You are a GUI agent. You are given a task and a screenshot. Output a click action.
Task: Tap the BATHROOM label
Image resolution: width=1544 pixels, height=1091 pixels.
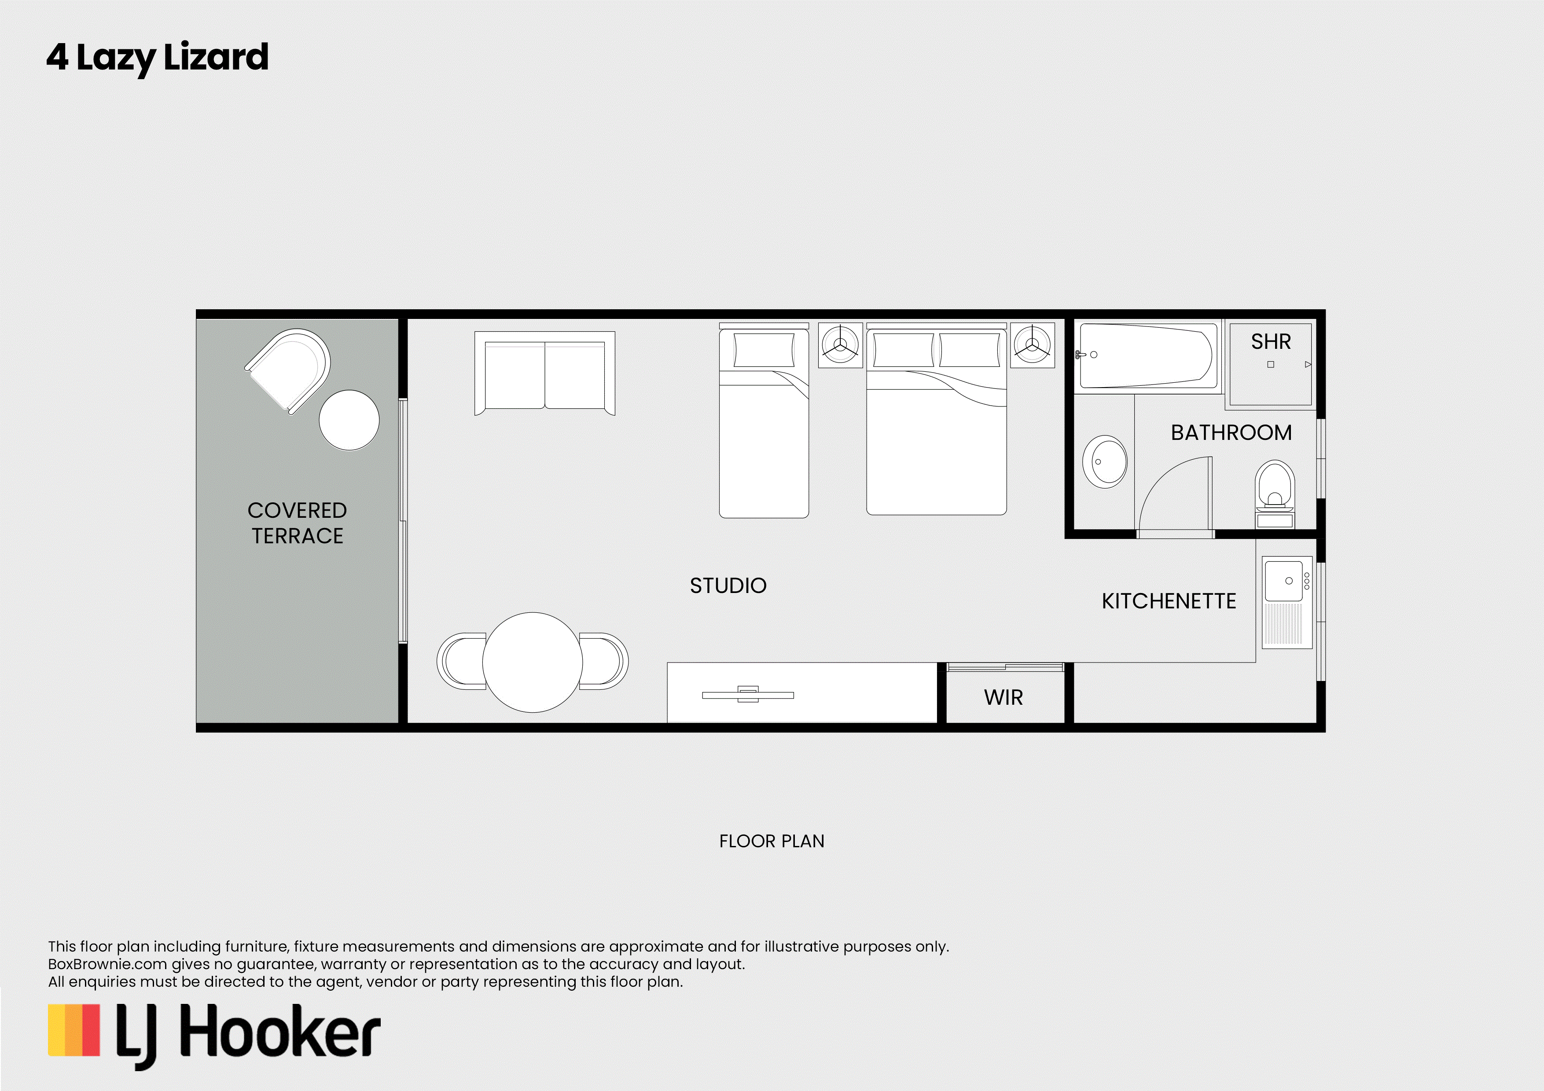pyautogui.click(x=1232, y=432)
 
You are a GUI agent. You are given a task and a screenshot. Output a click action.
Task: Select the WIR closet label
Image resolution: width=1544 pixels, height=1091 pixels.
pyautogui.click(x=1004, y=697)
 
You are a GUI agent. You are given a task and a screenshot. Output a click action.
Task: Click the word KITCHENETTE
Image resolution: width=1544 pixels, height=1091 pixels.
pyautogui.click(x=1169, y=601)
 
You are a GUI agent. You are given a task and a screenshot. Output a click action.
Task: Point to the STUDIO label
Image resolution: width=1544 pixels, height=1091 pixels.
pyautogui.click(x=728, y=586)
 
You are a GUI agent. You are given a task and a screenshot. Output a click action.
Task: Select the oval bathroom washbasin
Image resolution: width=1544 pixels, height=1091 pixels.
pyautogui.click(x=1105, y=462)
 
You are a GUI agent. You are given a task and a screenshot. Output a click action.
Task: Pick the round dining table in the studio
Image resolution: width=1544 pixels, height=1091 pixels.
pyautogui.click(x=533, y=662)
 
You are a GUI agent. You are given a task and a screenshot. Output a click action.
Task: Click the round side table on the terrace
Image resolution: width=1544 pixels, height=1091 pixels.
pyautogui.click(x=349, y=420)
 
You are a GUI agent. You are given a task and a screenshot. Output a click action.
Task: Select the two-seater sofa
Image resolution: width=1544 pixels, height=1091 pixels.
pyautogui.click(x=545, y=373)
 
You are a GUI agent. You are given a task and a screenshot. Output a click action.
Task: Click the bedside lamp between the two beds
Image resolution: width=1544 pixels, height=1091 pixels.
pyautogui.click(x=841, y=345)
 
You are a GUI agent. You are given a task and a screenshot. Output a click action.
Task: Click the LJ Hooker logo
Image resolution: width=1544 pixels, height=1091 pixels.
pyautogui.click(x=214, y=1035)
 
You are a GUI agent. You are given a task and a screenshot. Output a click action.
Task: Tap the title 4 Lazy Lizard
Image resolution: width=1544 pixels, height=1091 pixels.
pyautogui.click(x=158, y=58)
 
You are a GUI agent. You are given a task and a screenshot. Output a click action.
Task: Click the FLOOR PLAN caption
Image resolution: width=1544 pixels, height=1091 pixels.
pyautogui.click(x=771, y=842)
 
